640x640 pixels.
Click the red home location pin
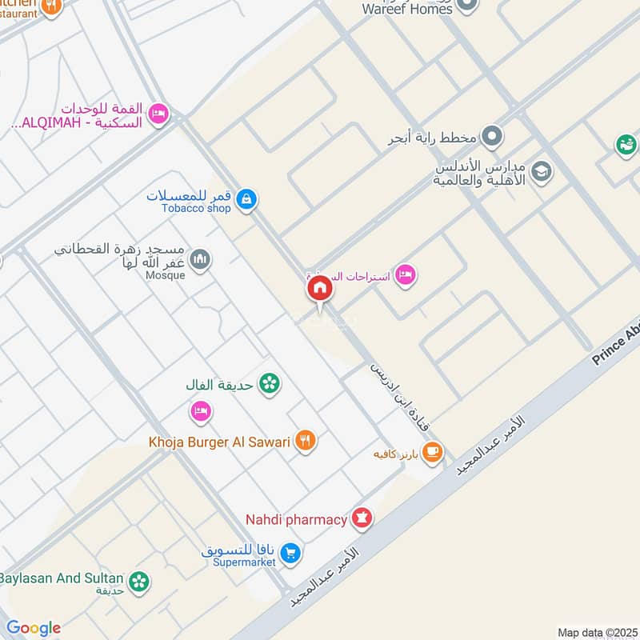click(319, 289)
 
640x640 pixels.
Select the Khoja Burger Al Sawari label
click(218, 441)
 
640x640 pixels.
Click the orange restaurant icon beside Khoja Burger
click(305, 440)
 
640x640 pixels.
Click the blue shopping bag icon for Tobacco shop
click(247, 198)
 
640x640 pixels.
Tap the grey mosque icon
click(201, 259)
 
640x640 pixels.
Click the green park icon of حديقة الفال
click(271, 384)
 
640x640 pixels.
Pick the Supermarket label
click(245, 562)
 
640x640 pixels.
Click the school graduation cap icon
click(542, 172)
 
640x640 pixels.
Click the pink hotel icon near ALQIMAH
click(159, 114)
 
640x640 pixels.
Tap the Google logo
click(34, 628)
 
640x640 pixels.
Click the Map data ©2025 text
click(595, 632)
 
